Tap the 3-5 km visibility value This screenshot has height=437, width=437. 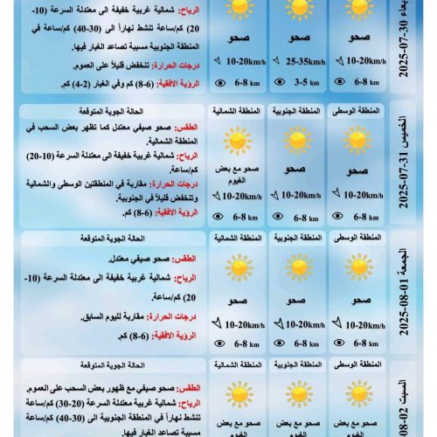[302, 84]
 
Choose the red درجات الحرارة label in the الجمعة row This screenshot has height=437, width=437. [171, 316]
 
